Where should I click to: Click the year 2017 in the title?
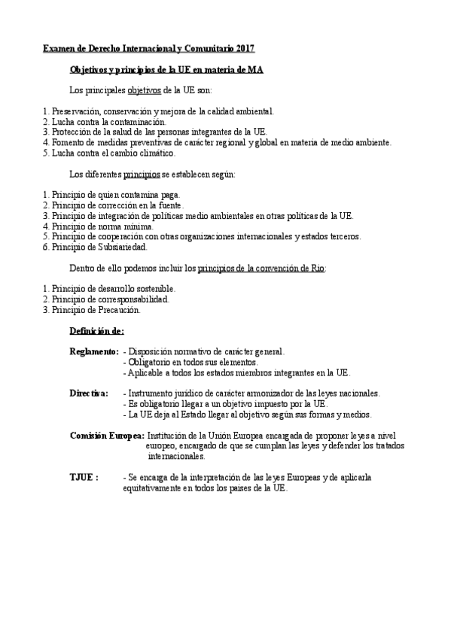click(244, 48)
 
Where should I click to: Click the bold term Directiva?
click(89, 393)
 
